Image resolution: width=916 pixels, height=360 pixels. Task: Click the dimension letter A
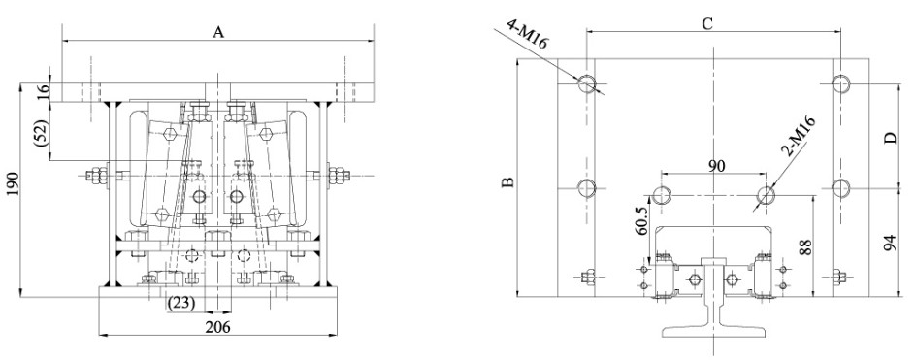tap(218, 32)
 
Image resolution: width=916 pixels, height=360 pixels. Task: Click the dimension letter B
tap(508, 181)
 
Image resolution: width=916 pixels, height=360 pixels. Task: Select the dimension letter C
tap(706, 24)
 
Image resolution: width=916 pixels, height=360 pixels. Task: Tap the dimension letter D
tap(890, 139)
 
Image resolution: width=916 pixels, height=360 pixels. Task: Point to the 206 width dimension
tap(218, 327)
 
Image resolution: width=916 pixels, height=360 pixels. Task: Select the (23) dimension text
tap(181, 304)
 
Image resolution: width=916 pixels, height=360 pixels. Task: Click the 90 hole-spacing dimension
tap(716, 165)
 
